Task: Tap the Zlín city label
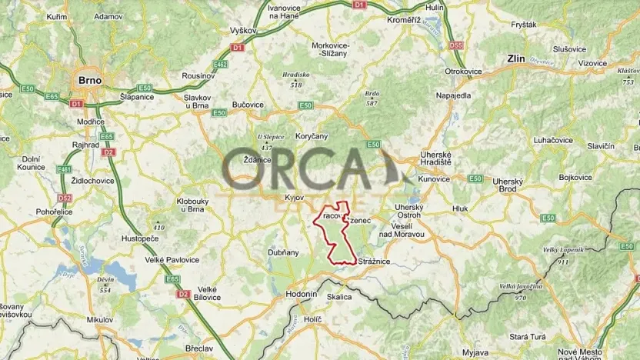click(x=515, y=58)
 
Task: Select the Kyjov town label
click(x=295, y=198)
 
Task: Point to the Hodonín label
click(x=301, y=294)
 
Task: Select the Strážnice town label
click(x=375, y=262)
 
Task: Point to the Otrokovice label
click(x=463, y=72)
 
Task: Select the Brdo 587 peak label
click(x=372, y=98)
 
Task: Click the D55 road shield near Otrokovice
click(x=456, y=45)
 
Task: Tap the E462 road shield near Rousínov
click(x=220, y=65)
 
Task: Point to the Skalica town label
click(x=339, y=296)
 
